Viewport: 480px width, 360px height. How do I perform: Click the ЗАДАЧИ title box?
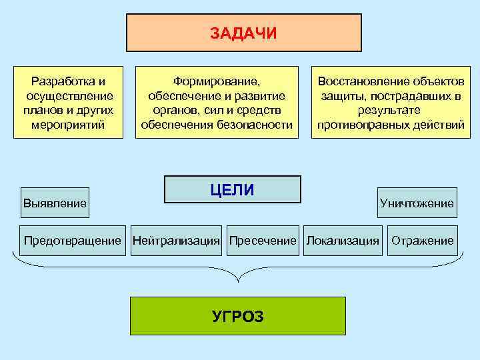[x=243, y=33]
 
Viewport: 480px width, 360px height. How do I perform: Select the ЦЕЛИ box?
[x=232, y=189]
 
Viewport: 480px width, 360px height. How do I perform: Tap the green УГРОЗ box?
[x=237, y=316]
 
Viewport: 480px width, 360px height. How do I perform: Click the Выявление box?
[x=55, y=203]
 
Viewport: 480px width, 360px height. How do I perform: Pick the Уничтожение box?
[x=417, y=203]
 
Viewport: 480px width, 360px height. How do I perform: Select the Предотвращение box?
[x=73, y=241]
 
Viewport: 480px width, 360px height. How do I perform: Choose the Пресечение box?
[x=262, y=241]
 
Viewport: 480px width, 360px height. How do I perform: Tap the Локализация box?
[x=343, y=241]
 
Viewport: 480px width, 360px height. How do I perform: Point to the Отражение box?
[x=423, y=241]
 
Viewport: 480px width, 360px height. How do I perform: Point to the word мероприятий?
[x=69, y=125]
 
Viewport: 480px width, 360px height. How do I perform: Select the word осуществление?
[x=69, y=96]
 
